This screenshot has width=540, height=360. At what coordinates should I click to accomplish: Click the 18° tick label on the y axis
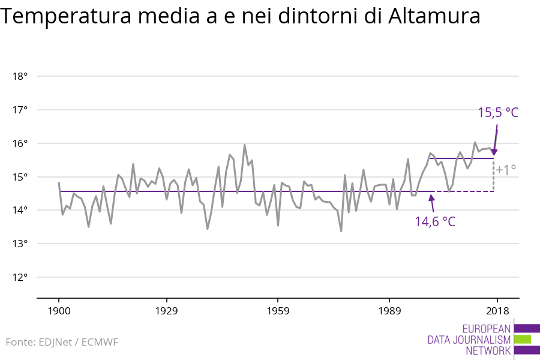pyautogui.click(x=20, y=76)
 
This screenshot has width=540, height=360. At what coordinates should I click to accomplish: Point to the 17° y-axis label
pyautogui.click(x=20, y=110)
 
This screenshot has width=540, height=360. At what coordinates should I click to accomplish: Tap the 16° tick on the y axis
pyautogui.click(x=20, y=143)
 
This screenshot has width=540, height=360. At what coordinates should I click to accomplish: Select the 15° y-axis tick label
pyautogui.click(x=20, y=177)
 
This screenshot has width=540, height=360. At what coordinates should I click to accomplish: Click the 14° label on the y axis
pyautogui.click(x=20, y=210)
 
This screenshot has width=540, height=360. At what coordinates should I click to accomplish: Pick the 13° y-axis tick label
pyautogui.click(x=20, y=244)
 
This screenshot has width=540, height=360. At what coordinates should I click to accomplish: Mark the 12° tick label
pyautogui.click(x=20, y=277)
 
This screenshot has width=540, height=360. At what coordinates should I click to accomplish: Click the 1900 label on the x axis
pyautogui.click(x=59, y=311)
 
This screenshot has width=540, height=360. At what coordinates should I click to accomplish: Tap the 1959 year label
pyautogui.click(x=278, y=311)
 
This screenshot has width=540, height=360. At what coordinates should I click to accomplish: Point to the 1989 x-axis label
pyautogui.click(x=389, y=311)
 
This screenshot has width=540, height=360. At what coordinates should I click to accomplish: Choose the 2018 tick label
pyautogui.click(x=497, y=311)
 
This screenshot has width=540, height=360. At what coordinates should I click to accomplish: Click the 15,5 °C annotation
pyautogui.click(x=497, y=112)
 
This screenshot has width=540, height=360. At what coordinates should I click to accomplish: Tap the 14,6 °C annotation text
pyautogui.click(x=435, y=221)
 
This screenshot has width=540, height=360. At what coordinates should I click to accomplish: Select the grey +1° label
pyautogui.click(x=506, y=170)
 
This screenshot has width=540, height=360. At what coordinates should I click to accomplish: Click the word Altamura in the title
pyautogui.click(x=433, y=17)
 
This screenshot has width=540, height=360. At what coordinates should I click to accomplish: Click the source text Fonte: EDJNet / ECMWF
pyautogui.click(x=62, y=342)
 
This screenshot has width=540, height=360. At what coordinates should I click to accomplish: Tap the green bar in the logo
pyautogui.click(x=523, y=340)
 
